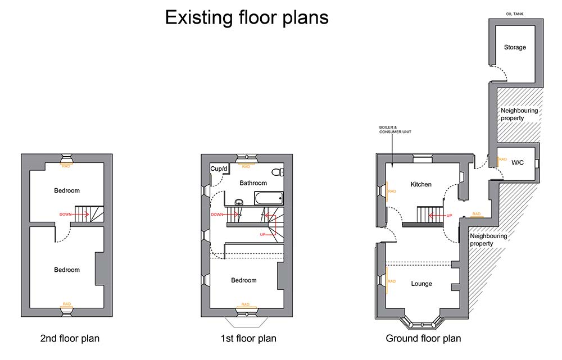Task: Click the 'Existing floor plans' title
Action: point(247,17)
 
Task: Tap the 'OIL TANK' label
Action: point(515,14)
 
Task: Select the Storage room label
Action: point(515,47)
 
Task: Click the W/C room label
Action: point(518,163)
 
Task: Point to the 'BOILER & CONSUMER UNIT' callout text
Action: point(395,130)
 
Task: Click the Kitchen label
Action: point(421,184)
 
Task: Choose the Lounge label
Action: point(422,284)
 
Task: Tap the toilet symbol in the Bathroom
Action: point(278,172)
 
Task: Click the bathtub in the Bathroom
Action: point(269,198)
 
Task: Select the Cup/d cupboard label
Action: point(219,168)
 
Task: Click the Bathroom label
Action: point(253,183)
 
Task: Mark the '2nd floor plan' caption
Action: point(70,339)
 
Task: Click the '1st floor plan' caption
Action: point(248,339)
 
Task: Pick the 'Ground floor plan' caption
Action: point(423,339)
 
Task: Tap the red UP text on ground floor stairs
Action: point(449,216)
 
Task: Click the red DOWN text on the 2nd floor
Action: point(65,214)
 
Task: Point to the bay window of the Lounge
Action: point(422,323)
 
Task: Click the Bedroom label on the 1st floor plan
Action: point(244,280)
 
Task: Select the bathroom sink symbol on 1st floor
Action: point(239,202)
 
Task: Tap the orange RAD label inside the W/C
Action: point(502,160)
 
